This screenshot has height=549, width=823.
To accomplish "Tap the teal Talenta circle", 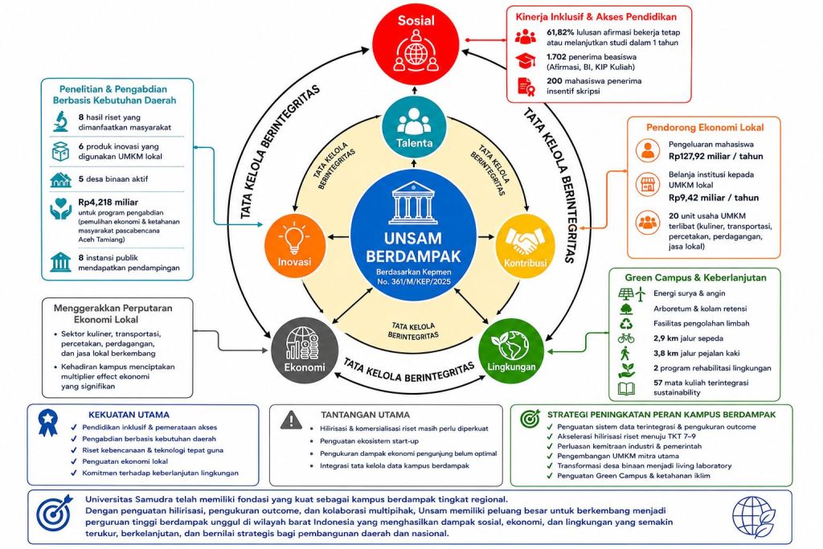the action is click(x=414, y=128).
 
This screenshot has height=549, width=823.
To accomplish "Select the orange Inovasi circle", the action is click(x=294, y=246).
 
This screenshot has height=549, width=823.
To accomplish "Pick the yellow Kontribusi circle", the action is click(x=525, y=246).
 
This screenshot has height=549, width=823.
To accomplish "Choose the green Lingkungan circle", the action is click(x=511, y=350).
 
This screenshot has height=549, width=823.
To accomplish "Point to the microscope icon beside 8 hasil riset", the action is click(x=61, y=121).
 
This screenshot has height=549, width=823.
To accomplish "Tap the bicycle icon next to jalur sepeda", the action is click(x=626, y=338).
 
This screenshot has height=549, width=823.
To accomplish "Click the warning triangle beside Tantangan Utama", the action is click(x=291, y=420).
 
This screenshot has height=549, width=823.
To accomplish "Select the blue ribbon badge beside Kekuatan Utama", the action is click(x=48, y=423).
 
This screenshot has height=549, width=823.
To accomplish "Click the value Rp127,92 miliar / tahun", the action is click(x=716, y=156).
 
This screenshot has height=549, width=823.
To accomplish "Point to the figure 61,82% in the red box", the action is click(x=560, y=32).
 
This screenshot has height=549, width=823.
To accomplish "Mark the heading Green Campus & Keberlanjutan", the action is click(x=695, y=277).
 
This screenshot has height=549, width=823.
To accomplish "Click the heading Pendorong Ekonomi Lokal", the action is click(x=705, y=128).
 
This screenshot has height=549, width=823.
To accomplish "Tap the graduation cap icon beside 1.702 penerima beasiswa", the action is click(x=526, y=61).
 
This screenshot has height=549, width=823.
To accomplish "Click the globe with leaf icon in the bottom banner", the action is click(x=754, y=517).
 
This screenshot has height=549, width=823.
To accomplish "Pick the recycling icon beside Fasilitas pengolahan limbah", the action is click(x=626, y=323).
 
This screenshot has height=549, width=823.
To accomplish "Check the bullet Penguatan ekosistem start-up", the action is click(x=369, y=440).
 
